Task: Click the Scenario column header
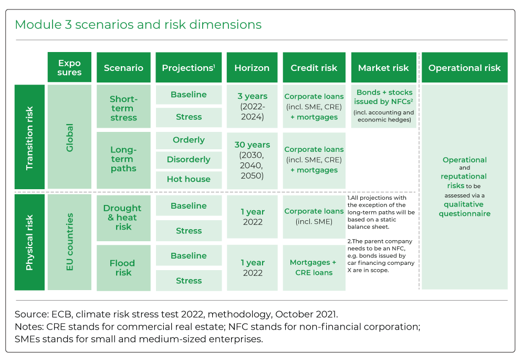click(123, 67)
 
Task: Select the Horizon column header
click(252, 67)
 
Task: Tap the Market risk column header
click(383, 67)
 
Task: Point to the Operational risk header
click(464, 67)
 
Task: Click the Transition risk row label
click(29, 137)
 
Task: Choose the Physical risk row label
click(29, 242)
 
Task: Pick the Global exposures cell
click(69, 137)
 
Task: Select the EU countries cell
click(69, 242)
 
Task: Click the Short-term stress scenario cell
click(123, 107)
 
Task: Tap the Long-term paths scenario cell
click(123, 160)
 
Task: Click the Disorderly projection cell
click(189, 160)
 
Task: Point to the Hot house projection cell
click(189, 179)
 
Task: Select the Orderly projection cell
click(189, 140)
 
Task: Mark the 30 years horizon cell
click(252, 160)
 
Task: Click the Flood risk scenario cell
click(123, 268)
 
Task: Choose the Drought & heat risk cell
click(123, 218)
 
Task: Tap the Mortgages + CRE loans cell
click(314, 268)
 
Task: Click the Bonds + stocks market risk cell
click(383, 107)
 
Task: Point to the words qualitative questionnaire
click(464, 209)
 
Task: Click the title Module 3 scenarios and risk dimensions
click(138, 25)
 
